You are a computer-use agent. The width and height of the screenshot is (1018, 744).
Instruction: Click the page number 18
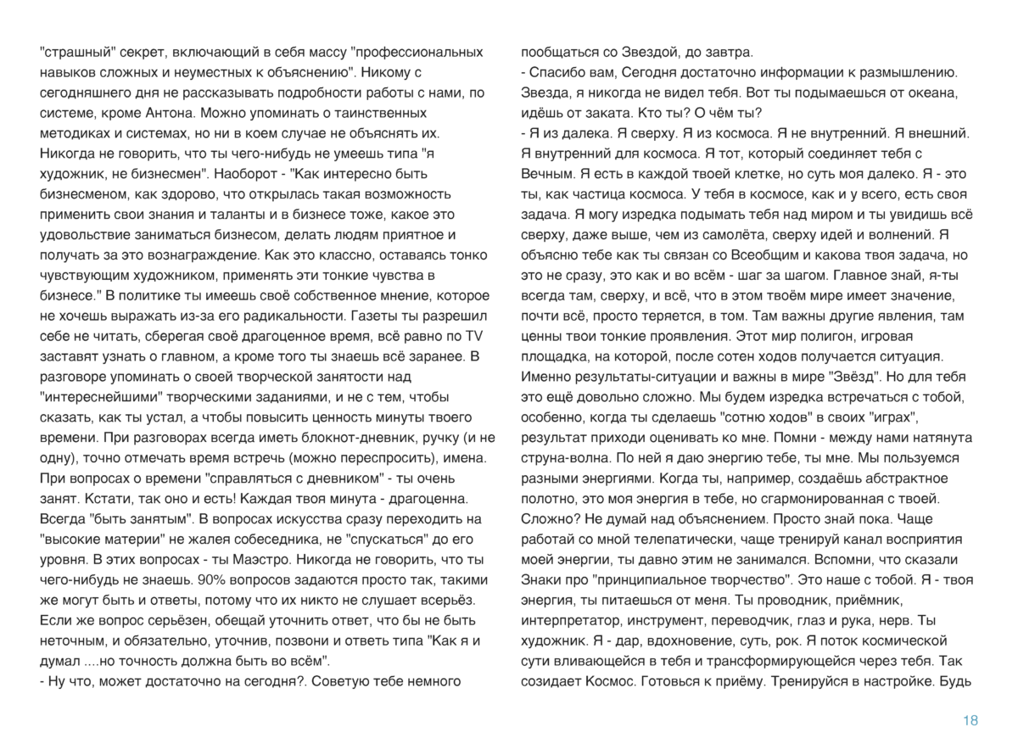[970, 720]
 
